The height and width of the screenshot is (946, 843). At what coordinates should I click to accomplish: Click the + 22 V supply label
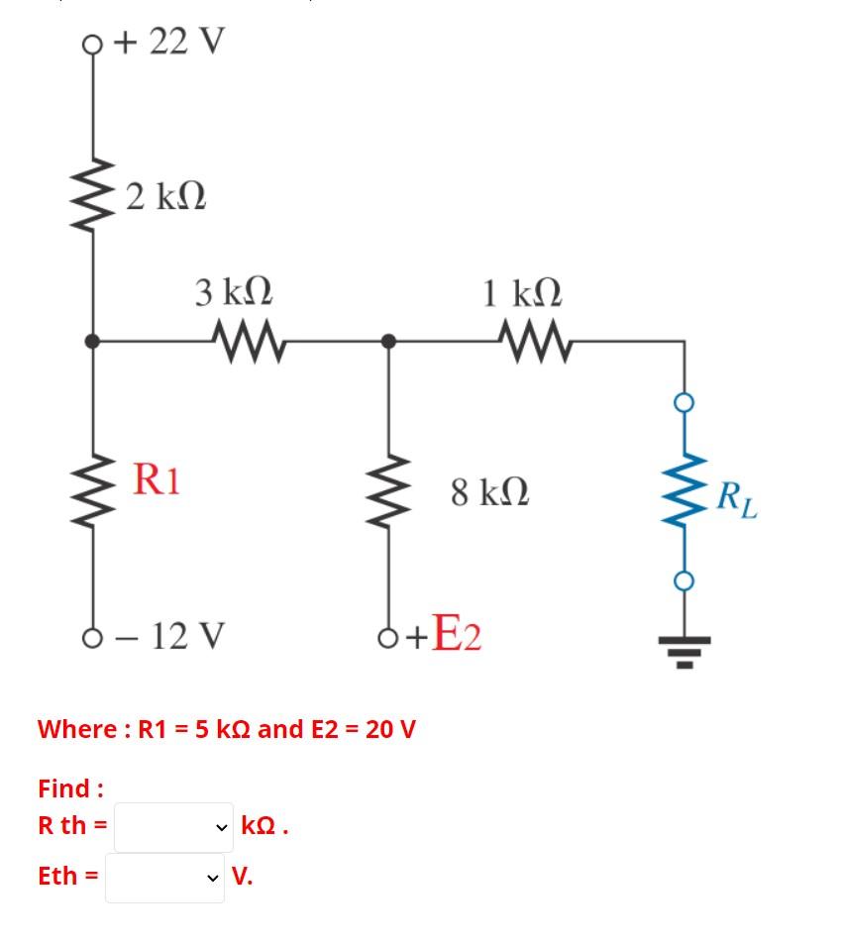[x=168, y=42]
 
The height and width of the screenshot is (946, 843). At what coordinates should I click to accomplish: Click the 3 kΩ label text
[x=234, y=293]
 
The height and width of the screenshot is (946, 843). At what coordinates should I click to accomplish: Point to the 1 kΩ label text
[x=522, y=293]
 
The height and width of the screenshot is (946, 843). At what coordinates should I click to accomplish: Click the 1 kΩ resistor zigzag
[x=536, y=343]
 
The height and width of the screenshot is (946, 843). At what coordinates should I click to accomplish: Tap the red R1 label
[x=158, y=479]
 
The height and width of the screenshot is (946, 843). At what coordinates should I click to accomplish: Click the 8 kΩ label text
[x=489, y=491]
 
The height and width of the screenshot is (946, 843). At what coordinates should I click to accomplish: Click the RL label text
[x=737, y=498]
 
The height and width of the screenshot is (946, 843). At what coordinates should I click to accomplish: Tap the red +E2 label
[x=443, y=634]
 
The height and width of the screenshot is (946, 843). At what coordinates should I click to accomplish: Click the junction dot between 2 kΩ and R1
[x=92, y=342]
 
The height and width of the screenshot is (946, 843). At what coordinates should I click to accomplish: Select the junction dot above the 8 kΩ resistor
[x=388, y=342]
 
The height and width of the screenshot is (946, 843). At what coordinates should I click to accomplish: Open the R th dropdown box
[x=173, y=827]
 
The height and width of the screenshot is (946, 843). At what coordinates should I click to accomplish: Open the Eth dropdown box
[x=164, y=878]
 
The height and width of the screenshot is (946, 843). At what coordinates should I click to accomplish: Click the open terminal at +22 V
[x=92, y=44]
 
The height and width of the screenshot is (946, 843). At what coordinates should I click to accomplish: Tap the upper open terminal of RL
[x=684, y=401]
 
